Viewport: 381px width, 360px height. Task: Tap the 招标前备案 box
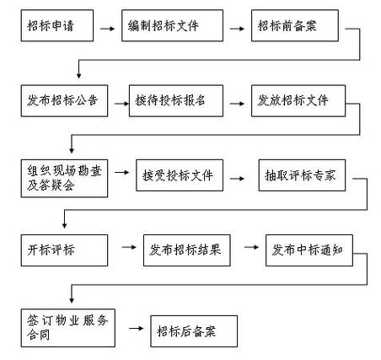pos(294,26)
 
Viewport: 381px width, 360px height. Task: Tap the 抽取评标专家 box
pos(302,177)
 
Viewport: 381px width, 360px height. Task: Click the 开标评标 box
pos(63,250)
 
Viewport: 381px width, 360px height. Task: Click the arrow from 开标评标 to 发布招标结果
pos(128,248)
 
